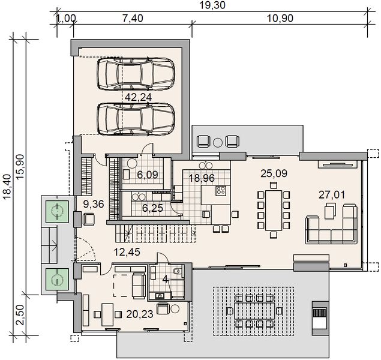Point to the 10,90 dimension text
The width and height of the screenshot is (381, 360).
[x=278, y=19]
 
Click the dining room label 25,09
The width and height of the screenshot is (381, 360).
[x=274, y=175]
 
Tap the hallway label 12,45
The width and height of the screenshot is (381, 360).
[x=127, y=251]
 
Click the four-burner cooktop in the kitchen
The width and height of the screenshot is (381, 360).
[x=220, y=191]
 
